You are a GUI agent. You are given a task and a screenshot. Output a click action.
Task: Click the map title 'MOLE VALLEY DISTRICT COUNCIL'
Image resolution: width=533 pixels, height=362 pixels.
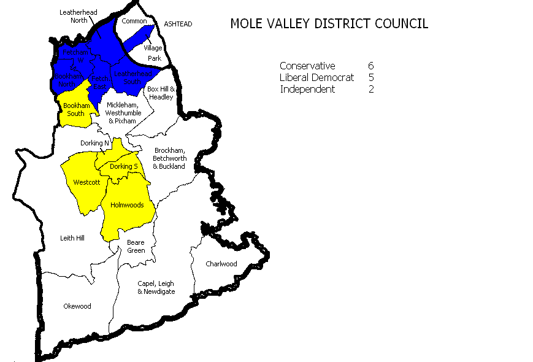tap(329, 24)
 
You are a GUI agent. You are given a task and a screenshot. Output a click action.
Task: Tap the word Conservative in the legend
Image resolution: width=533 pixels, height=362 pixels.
tap(307, 66)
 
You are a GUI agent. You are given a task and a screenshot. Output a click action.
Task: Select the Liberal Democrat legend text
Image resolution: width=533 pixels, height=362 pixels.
tap(316, 77)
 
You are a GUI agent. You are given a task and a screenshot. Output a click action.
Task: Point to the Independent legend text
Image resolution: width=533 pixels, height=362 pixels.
tap(307, 89)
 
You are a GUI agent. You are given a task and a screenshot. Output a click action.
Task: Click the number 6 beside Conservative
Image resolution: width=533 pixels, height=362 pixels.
tap(370, 66)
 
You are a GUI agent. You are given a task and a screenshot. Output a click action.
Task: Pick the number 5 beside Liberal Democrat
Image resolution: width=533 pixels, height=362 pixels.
tap(370, 77)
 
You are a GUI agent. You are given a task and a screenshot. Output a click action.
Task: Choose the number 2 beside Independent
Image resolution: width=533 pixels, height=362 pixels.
tap(370, 89)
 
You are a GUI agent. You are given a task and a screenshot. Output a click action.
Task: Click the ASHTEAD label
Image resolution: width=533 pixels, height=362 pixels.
tap(178, 24)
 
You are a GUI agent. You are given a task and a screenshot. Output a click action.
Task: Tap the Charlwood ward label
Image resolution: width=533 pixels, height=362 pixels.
tap(221, 264)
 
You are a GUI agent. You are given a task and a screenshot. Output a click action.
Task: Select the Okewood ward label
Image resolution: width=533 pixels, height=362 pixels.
tap(77, 306)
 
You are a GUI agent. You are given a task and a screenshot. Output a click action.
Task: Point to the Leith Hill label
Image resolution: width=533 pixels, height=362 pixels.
tap(72, 237)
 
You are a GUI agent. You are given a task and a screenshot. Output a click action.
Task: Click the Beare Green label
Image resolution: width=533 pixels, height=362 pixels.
tap(136, 246)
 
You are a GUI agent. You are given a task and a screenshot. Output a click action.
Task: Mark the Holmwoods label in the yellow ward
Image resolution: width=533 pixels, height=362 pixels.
tap(127, 205)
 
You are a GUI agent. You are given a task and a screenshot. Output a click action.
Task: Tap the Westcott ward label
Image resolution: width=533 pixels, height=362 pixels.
tap(83, 182)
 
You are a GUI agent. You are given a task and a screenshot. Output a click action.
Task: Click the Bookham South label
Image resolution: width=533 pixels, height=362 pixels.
tap(76, 109)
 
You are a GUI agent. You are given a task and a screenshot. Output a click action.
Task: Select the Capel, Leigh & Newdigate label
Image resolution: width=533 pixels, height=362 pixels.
tap(156, 287)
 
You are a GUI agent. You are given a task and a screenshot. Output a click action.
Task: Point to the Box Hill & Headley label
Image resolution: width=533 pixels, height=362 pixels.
tap(161, 93)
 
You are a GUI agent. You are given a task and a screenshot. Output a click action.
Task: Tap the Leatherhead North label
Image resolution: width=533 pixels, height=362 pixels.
tap(73, 16)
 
